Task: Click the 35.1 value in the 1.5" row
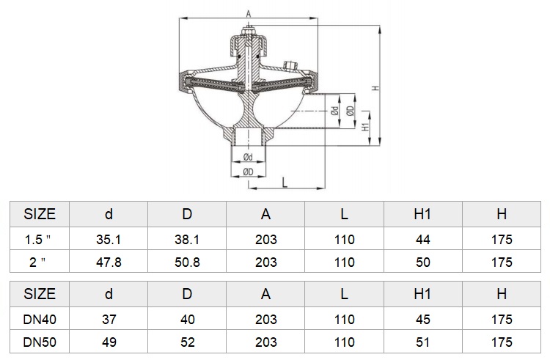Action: click(109, 240)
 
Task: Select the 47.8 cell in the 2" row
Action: click(109, 262)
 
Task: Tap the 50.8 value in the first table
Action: click(187, 262)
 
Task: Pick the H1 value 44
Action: click(422, 240)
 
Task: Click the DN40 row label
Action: click(40, 320)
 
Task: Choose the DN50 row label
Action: click(40, 342)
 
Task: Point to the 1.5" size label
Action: click(37, 240)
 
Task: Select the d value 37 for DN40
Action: click(109, 320)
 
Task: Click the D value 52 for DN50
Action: click(187, 342)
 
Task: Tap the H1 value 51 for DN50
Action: click(422, 342)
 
